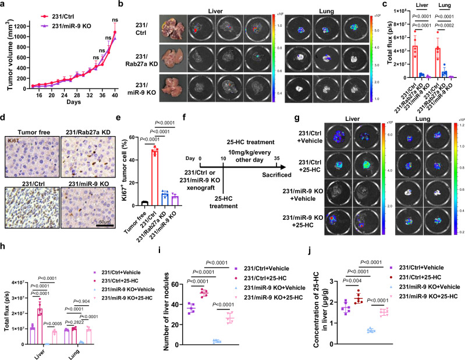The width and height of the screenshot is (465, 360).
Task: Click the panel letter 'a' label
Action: point(5,5)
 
